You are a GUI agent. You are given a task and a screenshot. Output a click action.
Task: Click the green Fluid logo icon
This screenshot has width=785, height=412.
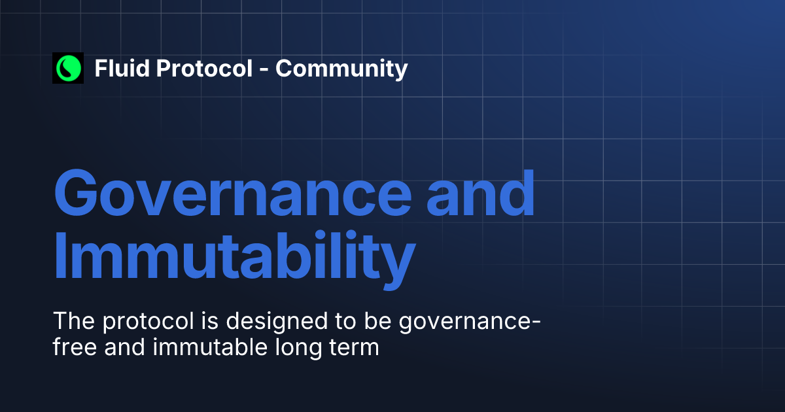(68, 68)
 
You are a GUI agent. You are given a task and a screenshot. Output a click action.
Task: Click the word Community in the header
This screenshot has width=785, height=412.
(341, 69)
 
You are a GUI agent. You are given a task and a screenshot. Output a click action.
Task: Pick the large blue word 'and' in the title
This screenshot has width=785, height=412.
(481, 195)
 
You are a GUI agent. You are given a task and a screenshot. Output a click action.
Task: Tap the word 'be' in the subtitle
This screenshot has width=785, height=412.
(358, 321)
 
